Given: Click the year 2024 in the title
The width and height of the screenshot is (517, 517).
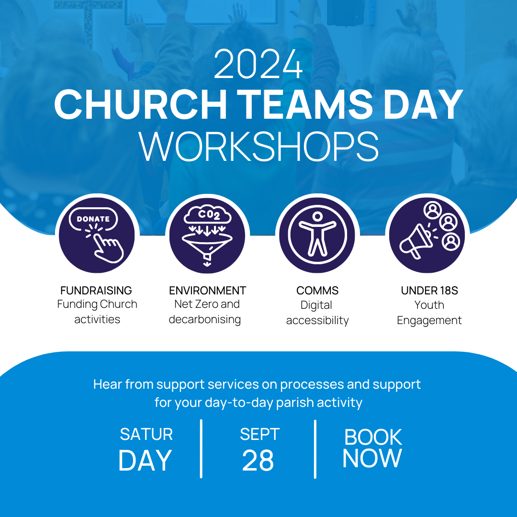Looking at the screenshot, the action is pos(258,64).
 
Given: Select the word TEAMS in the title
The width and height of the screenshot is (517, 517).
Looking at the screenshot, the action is pos(305,104).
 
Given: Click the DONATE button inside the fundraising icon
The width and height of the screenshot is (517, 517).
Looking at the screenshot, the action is pos(93,219).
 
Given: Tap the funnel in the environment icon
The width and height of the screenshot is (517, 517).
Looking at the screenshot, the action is pos(207,246).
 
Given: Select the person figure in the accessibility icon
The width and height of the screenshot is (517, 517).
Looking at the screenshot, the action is pos(317,234).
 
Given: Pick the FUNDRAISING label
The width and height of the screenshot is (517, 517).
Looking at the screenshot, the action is pos(96,291).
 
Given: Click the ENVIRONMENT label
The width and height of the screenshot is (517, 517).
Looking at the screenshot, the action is pos(207,291).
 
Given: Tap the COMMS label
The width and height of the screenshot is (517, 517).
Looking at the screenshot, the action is pos(317,291).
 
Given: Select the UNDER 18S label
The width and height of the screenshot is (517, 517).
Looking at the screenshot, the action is pos(429,291).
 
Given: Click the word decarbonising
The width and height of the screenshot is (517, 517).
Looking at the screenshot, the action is pos(205,319).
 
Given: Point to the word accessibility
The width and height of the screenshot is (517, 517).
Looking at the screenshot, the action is pos(317,320).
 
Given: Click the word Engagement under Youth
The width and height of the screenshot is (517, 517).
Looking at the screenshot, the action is pos(429,320).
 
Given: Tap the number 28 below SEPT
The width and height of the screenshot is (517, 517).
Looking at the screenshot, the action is pos(258,461).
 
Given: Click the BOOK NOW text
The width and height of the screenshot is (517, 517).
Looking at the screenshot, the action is pos(372,448).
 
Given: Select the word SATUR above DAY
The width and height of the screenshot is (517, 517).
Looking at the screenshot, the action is pos(146,434).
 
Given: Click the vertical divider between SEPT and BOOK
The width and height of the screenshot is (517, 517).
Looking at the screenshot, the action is pos(315,449).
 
